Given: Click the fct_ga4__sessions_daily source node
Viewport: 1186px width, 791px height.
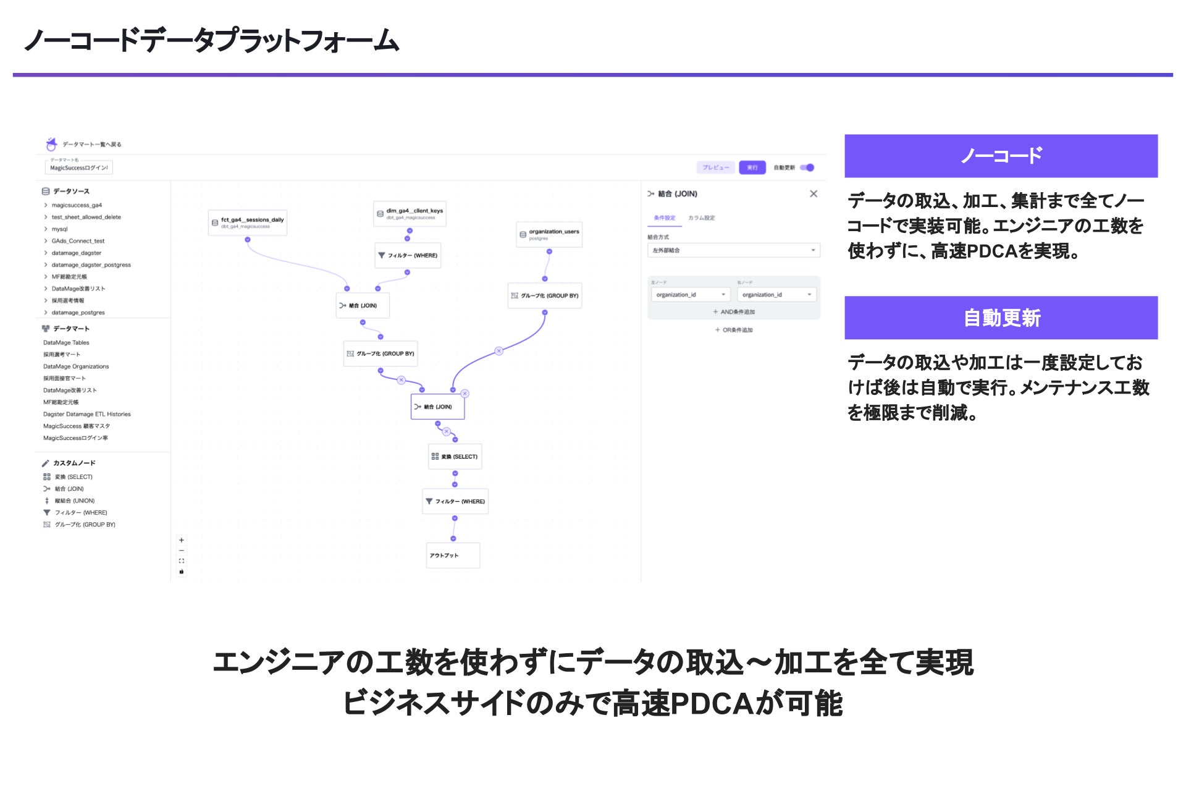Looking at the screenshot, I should pos(248,222).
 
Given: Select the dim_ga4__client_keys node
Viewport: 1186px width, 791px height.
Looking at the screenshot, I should pos(410,214).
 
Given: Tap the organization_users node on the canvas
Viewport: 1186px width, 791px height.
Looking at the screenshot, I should pos(549,234).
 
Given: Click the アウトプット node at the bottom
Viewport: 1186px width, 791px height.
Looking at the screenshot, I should pos(453,555).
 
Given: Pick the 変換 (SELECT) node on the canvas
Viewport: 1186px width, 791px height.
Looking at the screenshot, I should pos(455,457).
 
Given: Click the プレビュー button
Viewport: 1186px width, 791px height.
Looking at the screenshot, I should pos(715,167).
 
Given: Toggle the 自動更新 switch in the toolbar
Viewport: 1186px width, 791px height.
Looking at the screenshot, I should pos(807,167).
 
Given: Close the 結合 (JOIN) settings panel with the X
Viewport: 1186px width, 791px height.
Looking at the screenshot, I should pos(814,194).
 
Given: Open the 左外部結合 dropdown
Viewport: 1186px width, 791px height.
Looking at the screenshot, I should pos(733,250).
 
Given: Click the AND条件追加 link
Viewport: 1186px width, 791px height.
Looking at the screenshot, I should pos(734,312).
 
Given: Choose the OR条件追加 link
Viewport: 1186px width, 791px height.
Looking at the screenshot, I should pos(734,330).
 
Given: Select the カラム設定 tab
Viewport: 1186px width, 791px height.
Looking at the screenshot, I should pos(701,218).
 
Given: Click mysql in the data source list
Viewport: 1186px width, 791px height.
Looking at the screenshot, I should pos(60,229).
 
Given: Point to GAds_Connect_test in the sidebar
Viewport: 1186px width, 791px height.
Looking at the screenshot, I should pos(78,241).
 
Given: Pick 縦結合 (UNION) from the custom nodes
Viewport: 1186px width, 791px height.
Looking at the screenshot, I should pos(74,501).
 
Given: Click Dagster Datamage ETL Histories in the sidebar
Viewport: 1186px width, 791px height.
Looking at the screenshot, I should pos(86,414).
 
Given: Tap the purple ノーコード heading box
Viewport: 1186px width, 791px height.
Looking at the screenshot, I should pos(1001,156).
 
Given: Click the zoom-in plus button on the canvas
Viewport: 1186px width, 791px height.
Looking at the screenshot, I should pos(182,540).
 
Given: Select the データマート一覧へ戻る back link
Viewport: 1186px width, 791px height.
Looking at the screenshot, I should pos(91,145).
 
